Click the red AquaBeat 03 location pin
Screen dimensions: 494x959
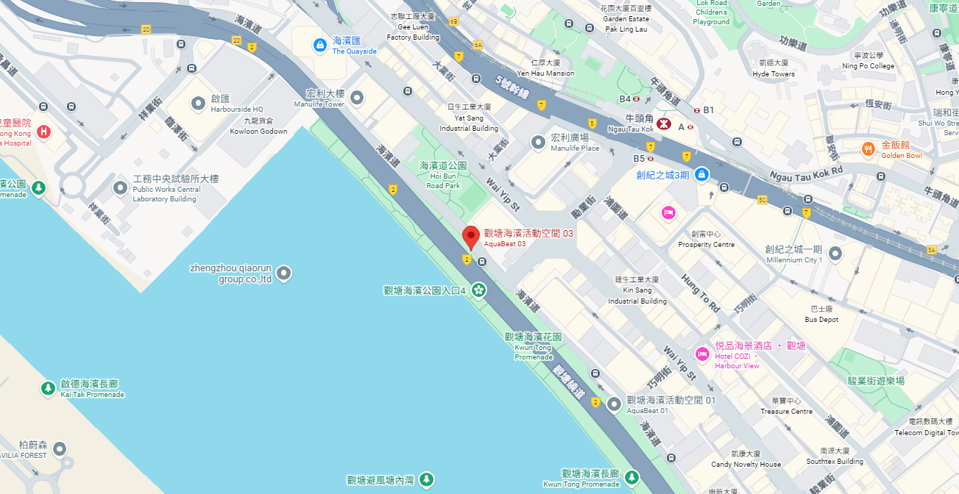point(471,237)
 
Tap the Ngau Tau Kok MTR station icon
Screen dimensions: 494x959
point(662,124)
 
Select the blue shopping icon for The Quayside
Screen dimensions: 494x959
point(320,46)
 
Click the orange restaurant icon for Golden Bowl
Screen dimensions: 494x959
point(869,149)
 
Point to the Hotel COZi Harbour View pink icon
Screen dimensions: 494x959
point(702,354)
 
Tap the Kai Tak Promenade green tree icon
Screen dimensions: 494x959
point(48,387)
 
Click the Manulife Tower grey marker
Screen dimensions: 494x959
point(357,98)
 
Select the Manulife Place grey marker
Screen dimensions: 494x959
point(538,142)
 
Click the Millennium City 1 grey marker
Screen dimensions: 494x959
point(835,254)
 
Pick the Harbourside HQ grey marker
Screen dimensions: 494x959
point(198,104)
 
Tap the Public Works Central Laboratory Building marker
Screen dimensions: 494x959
point(121,188)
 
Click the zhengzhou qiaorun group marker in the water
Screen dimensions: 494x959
point(283,274)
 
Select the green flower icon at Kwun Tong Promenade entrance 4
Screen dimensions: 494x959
point(479,290)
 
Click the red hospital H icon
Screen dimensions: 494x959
point(44,132)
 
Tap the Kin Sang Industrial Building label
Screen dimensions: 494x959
point(637,290)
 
